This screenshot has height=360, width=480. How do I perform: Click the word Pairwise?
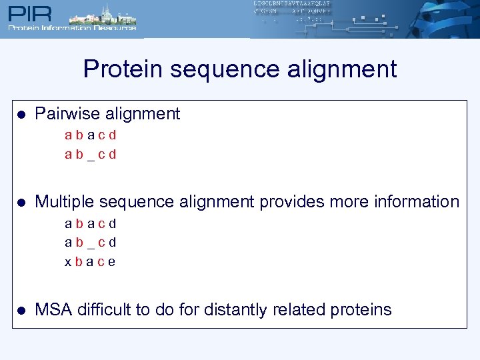(64, 114)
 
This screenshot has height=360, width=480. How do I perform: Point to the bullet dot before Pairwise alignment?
(21, 115)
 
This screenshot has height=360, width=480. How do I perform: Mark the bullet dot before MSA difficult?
(21, 311)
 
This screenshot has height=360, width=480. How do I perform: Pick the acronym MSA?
(53, 310)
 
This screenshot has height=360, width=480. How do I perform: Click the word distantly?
(219, 310)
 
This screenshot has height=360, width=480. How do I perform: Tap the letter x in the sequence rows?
(68, 262)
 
